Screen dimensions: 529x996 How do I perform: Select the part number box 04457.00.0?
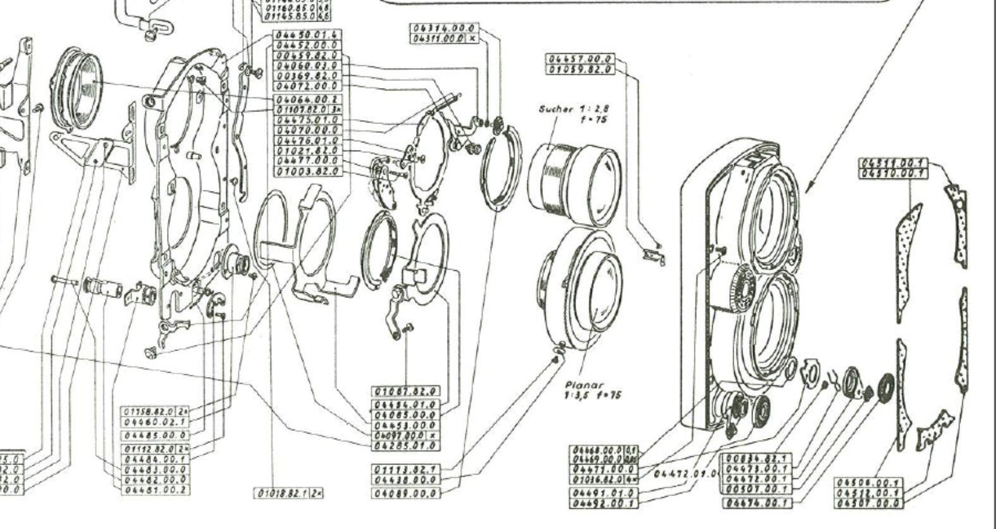pos(580,59)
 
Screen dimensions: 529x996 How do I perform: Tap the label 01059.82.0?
pos(580,69)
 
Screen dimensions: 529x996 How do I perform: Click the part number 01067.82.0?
pos(406,392)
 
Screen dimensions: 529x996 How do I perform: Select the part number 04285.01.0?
pos(406,445)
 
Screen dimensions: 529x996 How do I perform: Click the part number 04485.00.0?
pos(155,435)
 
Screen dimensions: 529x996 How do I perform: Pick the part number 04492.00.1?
pos(604,503)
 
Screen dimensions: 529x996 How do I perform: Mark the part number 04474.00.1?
pos(757,503)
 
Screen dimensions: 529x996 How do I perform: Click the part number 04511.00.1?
pos(892,163)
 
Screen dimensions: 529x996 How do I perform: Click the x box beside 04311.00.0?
pos(472,39)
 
